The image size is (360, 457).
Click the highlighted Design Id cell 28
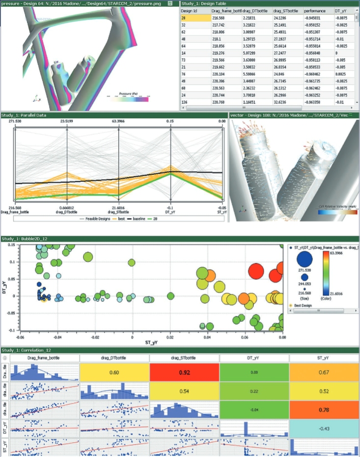194,18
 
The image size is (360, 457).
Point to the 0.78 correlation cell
324,406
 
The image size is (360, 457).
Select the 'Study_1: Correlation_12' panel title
27,349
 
